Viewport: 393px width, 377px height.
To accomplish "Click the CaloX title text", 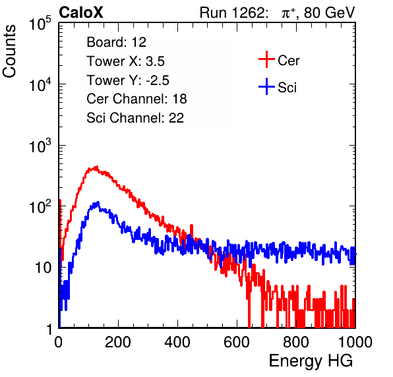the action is pos(81,13).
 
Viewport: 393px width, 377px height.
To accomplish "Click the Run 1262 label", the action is pos(232,13).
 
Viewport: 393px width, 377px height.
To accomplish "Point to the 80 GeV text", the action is pos(330,13).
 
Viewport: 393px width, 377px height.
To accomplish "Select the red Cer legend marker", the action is pos(266,59).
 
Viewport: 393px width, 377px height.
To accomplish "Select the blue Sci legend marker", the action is pos(266,86).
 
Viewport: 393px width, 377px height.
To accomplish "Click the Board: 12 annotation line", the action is pos(116,42).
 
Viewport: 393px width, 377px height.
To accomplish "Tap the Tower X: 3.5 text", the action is pos(125,61).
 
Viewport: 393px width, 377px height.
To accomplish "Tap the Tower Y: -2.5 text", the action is pos(128,80).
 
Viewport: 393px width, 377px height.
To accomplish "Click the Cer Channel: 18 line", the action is pos(136,99).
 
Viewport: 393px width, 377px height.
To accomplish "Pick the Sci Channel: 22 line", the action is pos(135,118).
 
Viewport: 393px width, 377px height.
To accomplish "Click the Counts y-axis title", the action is pos(9,51).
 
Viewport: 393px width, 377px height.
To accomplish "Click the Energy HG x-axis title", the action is pos(311,361).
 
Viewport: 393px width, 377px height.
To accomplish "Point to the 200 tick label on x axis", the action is pos(118,342).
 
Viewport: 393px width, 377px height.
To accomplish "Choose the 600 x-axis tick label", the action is pos(237,342).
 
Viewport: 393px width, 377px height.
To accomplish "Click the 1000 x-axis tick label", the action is pos(355,342).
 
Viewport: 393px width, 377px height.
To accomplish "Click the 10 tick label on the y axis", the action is pos(43,268).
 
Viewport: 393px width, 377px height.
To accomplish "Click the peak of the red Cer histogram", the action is pos(96,167).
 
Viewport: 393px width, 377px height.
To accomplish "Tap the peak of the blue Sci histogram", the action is pos(98,202).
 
